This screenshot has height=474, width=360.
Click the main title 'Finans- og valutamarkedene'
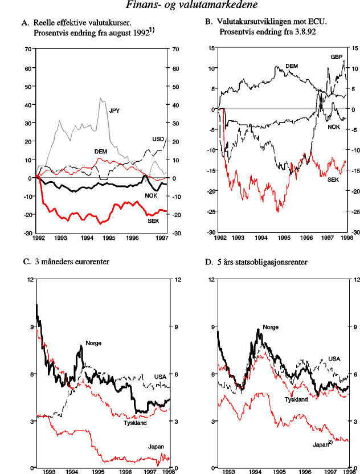[x=179, y=6]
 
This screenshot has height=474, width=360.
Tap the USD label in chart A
[x=158, y=139]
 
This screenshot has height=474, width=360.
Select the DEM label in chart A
[x=101, y=152]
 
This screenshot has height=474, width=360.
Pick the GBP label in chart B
[x=337, y=58]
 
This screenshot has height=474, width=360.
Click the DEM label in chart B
[x=292, y=67]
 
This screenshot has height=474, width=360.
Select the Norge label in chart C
[x=93, y=343]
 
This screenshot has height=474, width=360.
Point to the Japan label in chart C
[x=156, y=446]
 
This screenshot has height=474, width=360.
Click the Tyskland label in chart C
[x=135, y=423]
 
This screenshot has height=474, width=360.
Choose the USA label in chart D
[x=334, y=359]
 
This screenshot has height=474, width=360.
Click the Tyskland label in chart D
[x=296, y=399]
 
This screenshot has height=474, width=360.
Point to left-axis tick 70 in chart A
[x=28, y=49]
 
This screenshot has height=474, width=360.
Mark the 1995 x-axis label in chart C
[x=98, y=472]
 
